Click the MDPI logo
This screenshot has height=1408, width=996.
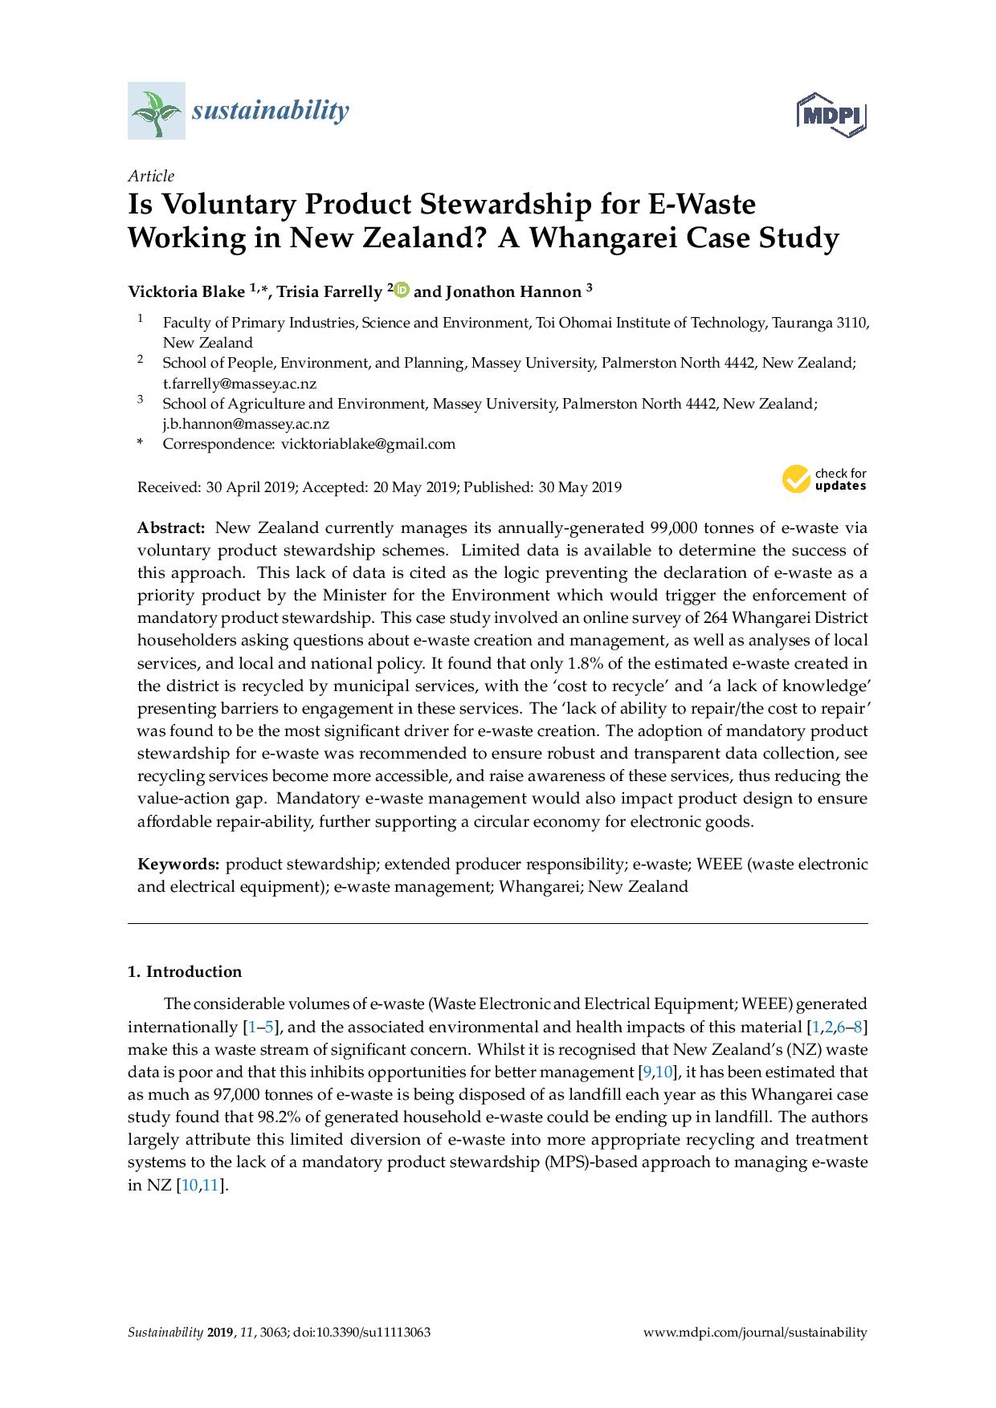click(x=832, y=115)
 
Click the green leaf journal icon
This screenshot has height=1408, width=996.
click(x=156, y=111)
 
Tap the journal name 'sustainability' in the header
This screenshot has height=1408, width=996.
click(x=270, y=110)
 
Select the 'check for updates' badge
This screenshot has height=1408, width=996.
click(x=824, y=479)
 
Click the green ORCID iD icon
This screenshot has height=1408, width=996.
click(x=402, y=290)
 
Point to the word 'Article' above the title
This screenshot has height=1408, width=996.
click(x=151, y=176)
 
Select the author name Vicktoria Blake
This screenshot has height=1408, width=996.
click(x=186, y=291)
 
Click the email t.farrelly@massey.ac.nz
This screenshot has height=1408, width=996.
click(x=239, y=384)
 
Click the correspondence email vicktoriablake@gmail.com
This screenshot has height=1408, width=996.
click(x=367, y=444)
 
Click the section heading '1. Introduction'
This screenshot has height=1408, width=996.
click(x=185, y=971)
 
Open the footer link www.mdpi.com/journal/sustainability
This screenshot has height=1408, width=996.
click(x=756, y=1333)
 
